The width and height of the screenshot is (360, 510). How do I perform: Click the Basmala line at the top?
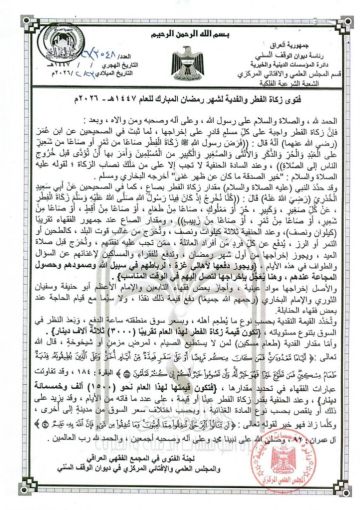tap(181, 9)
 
